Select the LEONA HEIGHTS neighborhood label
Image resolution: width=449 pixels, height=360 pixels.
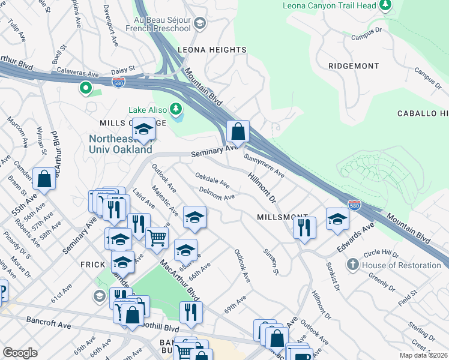(211, 50)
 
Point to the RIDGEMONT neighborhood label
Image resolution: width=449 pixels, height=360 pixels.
(354, 66)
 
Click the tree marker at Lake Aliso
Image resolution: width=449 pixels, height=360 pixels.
(176, 109)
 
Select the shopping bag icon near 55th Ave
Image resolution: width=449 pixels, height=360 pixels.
(44, 178)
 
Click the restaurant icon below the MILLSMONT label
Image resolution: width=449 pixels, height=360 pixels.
(304, 227)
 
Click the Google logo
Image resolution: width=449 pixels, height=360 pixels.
(20, 353)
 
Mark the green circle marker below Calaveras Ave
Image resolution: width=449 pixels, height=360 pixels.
(86, 89)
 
